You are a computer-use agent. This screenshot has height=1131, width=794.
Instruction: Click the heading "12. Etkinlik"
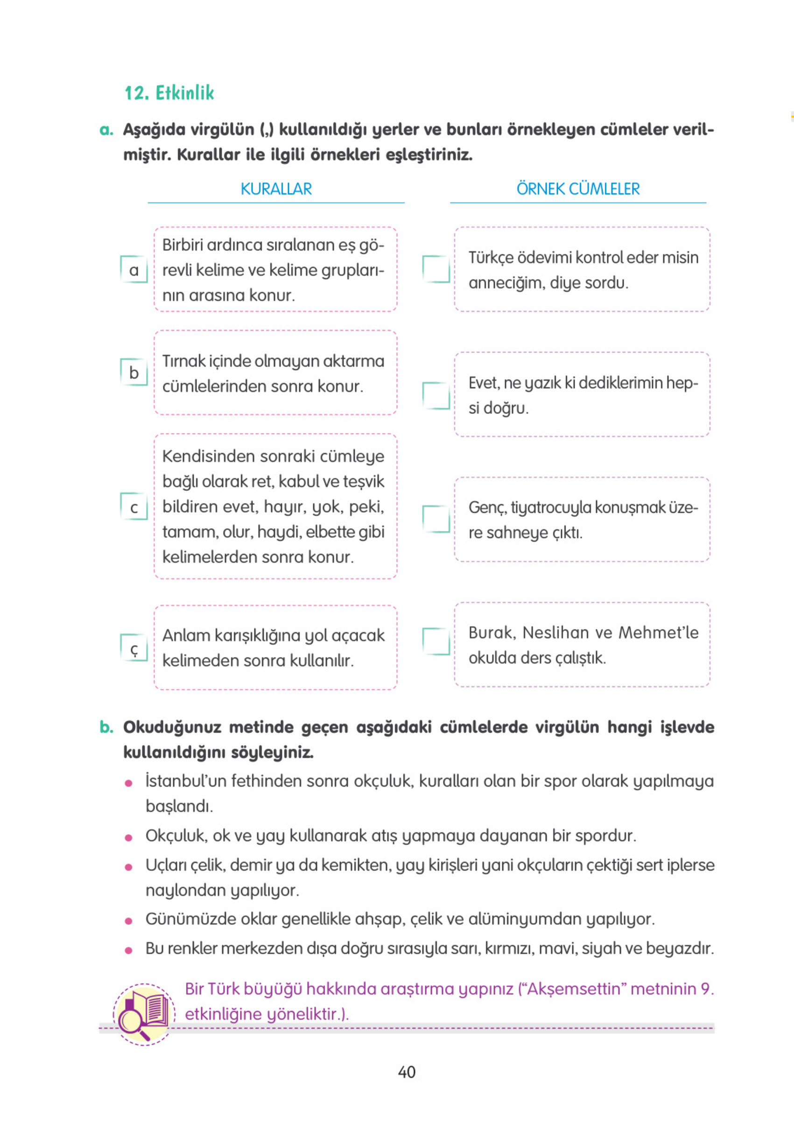[169, 92]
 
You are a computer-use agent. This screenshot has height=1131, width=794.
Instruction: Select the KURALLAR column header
[276, 188]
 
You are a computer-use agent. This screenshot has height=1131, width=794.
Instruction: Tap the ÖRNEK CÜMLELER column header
[577, 188]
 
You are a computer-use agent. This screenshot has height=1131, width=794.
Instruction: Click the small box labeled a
[134, 269]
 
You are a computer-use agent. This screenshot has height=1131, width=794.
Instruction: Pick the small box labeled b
[134, 372]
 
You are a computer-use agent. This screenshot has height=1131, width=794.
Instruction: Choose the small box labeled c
[134, 507]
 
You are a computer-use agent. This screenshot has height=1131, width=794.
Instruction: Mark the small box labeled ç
[134, 648]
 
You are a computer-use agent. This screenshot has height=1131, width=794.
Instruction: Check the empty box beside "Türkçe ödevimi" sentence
[436, 269]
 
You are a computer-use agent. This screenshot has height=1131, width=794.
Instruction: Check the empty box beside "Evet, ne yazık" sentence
[436, 396]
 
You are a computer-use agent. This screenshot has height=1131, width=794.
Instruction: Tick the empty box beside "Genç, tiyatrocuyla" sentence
[436, 519]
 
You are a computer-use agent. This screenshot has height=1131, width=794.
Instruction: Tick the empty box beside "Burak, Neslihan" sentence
[436, 642]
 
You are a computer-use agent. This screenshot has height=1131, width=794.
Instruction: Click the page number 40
[407, 1072]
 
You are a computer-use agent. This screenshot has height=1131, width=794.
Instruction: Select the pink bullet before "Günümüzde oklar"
[129, 920]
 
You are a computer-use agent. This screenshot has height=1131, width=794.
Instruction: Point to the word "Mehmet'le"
[659, 633]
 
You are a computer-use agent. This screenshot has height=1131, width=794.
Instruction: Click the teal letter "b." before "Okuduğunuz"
[106, 727]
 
